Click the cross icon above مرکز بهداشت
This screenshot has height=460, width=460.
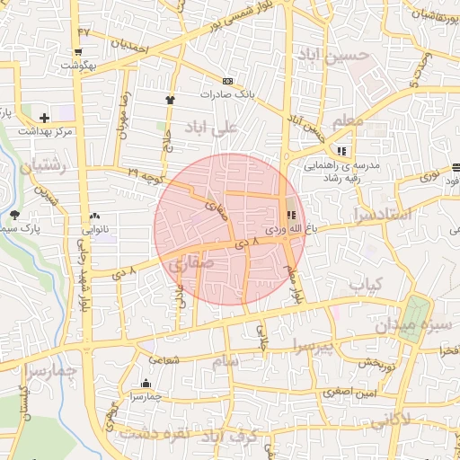[45, 118]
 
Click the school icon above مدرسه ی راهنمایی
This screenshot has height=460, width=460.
[341, 150]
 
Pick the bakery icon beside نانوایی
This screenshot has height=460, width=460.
[94, 217]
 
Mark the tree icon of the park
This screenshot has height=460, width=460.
[14, 214]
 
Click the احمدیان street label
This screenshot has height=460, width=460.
[129, 43]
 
